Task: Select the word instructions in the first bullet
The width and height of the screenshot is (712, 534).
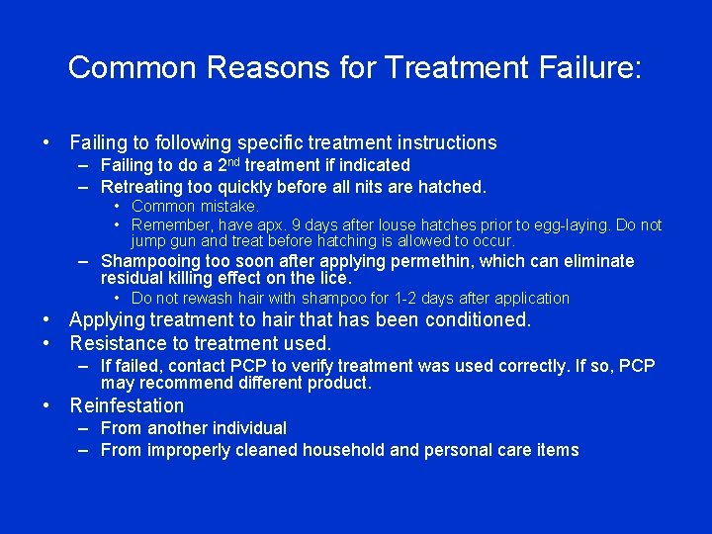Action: pos(441,142)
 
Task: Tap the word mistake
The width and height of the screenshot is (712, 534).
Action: pos(228,207)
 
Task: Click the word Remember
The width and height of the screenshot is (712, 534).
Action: pos(170,225)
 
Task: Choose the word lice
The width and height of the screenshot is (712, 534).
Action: pos(331,278)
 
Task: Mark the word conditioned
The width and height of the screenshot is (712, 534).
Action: pos(478,320)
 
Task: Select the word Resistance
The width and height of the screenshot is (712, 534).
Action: pos(118,343)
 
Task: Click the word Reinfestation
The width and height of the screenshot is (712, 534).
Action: pos(127,405)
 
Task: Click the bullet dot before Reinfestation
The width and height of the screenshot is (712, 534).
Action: pos(47,405)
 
